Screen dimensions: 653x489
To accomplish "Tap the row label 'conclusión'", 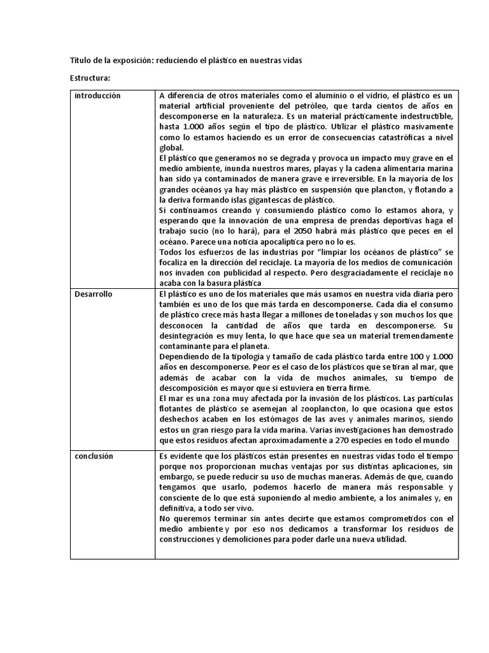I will pos(94,457).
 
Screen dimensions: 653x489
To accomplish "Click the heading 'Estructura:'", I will pos(90,78).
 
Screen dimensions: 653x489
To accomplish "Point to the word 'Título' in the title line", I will pos(80,61).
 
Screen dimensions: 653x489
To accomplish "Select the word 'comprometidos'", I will pos(376,518).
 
